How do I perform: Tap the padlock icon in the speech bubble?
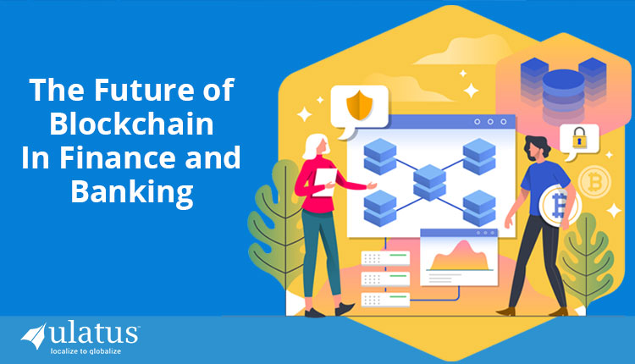pos(580,139)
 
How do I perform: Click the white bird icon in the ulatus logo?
pos(36,335)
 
